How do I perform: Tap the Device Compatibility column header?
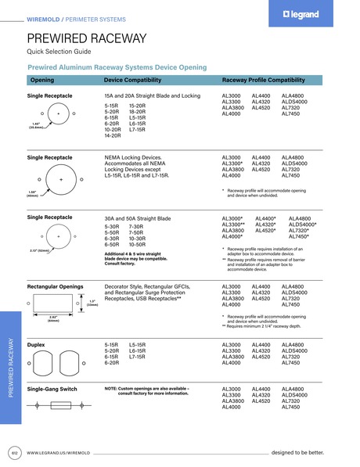coord(132,80)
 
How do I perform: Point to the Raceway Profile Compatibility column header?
coord(264,80)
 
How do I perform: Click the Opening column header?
coord(41,80)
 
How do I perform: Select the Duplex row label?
coord(36,344)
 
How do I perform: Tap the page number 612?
coord(14,453)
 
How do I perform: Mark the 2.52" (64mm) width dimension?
coord(54,318)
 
